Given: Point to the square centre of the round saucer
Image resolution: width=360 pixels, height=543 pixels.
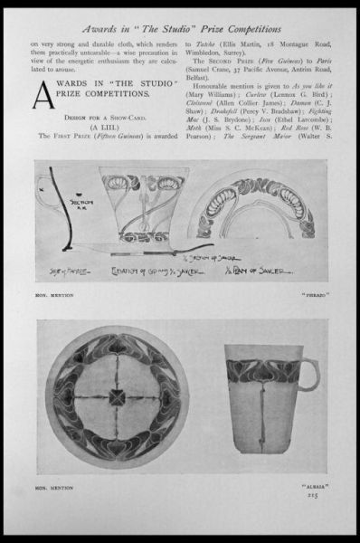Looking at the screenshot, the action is [118, 395].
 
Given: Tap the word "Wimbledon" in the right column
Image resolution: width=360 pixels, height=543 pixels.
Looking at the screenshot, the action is [207, 52].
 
